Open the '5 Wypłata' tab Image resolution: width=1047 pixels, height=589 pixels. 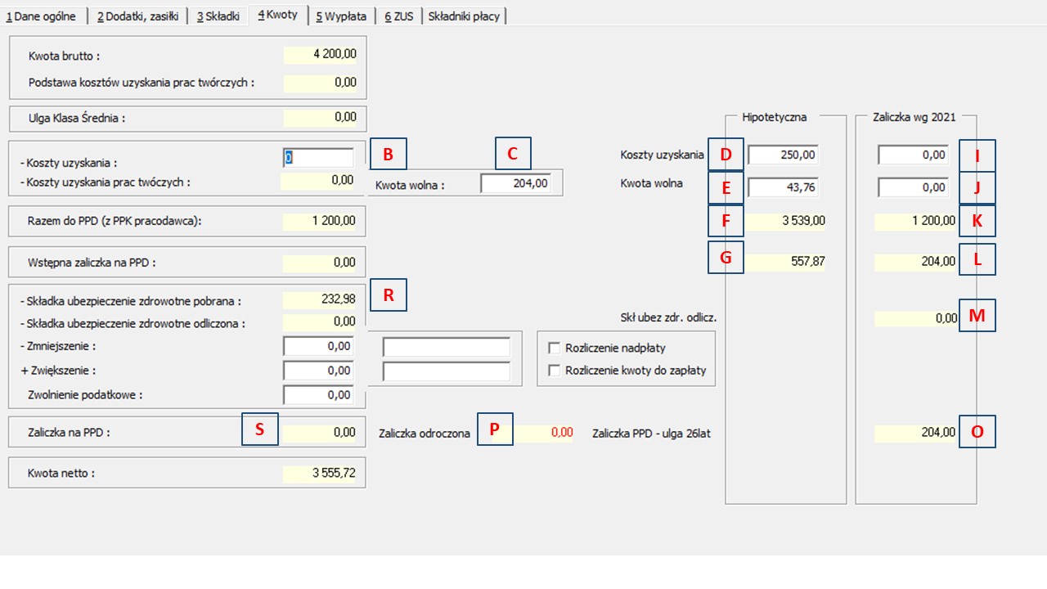341,16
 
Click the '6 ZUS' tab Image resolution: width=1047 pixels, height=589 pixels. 398,16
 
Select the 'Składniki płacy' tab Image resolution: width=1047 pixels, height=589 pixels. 464,16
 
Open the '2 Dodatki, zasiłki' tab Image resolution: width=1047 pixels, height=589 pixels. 137,16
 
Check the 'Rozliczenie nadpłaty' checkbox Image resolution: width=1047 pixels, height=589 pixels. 554,348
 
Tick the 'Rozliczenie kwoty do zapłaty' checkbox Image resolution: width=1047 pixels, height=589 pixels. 554,371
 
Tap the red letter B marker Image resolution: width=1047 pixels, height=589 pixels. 388,154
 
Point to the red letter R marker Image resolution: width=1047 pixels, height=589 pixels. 389,295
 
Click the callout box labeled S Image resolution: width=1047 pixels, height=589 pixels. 260,429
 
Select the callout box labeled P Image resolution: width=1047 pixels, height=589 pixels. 495,429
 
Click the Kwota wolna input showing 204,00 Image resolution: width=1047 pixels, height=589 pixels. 515,183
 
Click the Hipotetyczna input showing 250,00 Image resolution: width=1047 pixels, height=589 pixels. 783,155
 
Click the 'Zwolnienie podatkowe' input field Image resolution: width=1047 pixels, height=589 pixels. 318,395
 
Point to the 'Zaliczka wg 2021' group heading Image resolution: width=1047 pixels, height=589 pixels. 914,117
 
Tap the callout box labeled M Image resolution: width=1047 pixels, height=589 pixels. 977,316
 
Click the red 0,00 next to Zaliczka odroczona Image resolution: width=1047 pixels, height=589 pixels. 562,432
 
